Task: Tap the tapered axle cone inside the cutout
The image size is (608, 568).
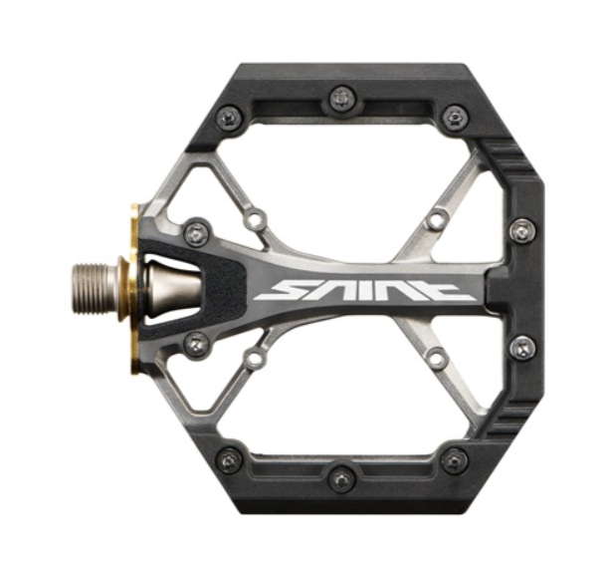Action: (x=173, y=287)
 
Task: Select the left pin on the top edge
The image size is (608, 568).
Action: (x=230, y=116)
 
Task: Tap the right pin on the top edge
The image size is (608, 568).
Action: (x=454, y=116)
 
